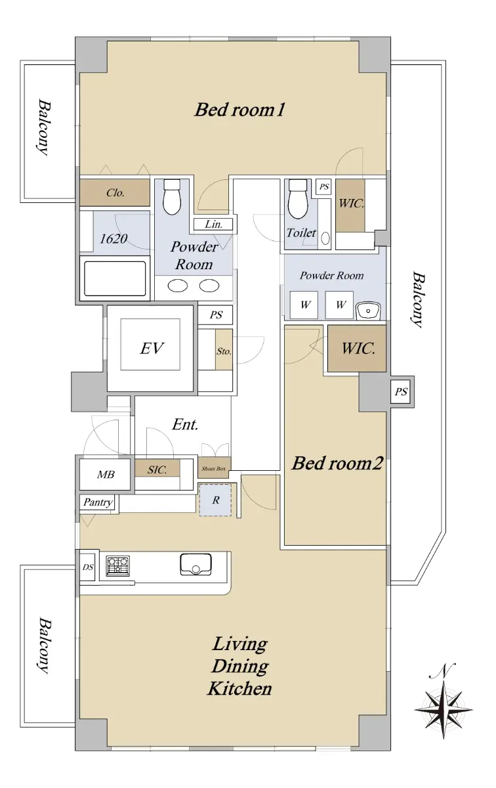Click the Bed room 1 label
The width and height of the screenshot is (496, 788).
[239, 110]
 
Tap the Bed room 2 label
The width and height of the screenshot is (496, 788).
[337, 463]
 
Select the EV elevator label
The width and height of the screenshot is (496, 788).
[152, 348]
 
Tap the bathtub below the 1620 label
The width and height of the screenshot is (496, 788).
[115, 278]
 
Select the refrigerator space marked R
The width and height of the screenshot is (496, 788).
[215, 500]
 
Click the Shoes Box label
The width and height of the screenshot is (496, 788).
[214, 469]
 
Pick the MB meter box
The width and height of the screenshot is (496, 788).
[106, 474]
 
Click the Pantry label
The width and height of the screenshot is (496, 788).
[98, 502]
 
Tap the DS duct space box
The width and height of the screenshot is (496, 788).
[88, 567]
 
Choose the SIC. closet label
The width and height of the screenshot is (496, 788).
[157, 470]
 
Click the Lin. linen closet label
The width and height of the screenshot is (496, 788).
[213, 224]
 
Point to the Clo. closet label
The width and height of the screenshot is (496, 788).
[115, 192]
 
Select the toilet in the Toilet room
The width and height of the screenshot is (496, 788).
[298, 198]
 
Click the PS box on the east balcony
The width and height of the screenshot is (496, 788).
[401, 391]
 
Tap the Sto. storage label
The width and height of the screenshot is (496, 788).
[224, 351]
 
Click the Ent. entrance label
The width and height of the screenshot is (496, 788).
[185, 425]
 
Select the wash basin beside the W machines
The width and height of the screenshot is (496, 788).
[367, 311]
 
